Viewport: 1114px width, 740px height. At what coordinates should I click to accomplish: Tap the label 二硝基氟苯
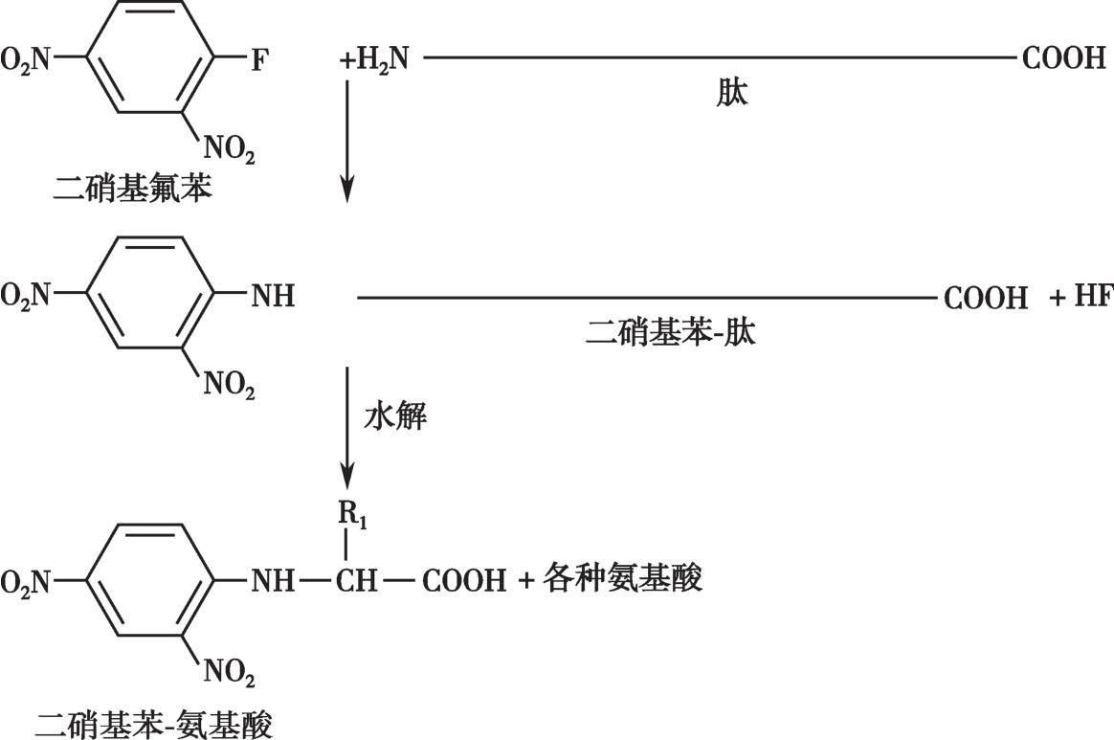pos(133,190)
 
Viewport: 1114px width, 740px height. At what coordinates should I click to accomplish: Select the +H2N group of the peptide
pos(374,59)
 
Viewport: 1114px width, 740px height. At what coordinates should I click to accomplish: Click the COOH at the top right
pos(1063,58)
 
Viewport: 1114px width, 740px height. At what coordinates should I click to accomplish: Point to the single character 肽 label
pos(732,93)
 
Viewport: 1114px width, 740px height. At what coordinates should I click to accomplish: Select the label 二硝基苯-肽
pos(671,332)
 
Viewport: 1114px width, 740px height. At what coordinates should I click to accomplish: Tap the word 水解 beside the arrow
pos(395,417)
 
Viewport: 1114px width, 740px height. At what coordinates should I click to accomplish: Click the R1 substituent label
pos(352,517)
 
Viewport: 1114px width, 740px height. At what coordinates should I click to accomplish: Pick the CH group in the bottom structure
pos(356,581)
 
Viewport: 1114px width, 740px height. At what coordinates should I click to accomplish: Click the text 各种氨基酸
pos(622,578)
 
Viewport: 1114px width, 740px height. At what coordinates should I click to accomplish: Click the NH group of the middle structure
pos(273,295)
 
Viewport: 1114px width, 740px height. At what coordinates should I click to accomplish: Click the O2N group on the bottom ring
pos(26,582)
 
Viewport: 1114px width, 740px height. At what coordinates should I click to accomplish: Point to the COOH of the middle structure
pos(986,297)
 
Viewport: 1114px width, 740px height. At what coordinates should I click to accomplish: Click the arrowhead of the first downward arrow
pos(346,191)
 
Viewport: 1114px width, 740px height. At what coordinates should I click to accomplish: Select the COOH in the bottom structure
pos(464,581)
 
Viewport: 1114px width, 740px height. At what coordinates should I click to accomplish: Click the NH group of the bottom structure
pos(273,581)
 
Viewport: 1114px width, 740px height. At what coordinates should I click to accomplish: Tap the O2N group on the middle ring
pos(26,295)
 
